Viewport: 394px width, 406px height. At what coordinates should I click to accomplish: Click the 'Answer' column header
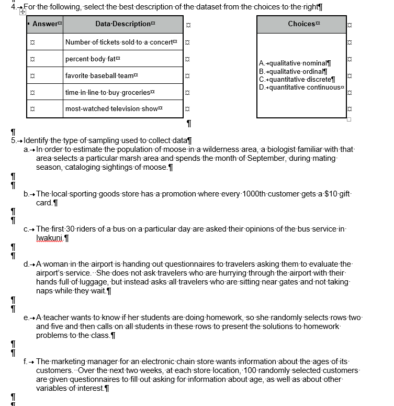point(45,24)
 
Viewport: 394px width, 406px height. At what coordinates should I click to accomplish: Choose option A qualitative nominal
point(295,63)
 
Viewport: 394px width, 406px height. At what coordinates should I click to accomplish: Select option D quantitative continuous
point(301,87)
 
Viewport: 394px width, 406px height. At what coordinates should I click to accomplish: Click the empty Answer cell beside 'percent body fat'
point(44,59)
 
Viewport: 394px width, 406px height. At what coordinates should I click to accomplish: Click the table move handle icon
point(22,12)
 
